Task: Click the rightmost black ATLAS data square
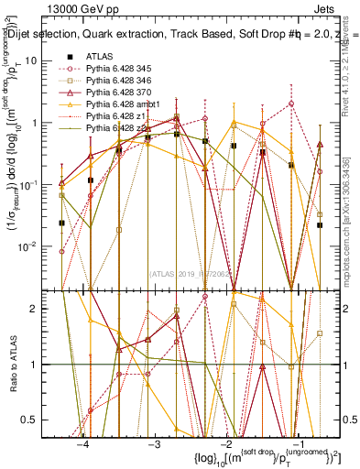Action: (320, 224)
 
